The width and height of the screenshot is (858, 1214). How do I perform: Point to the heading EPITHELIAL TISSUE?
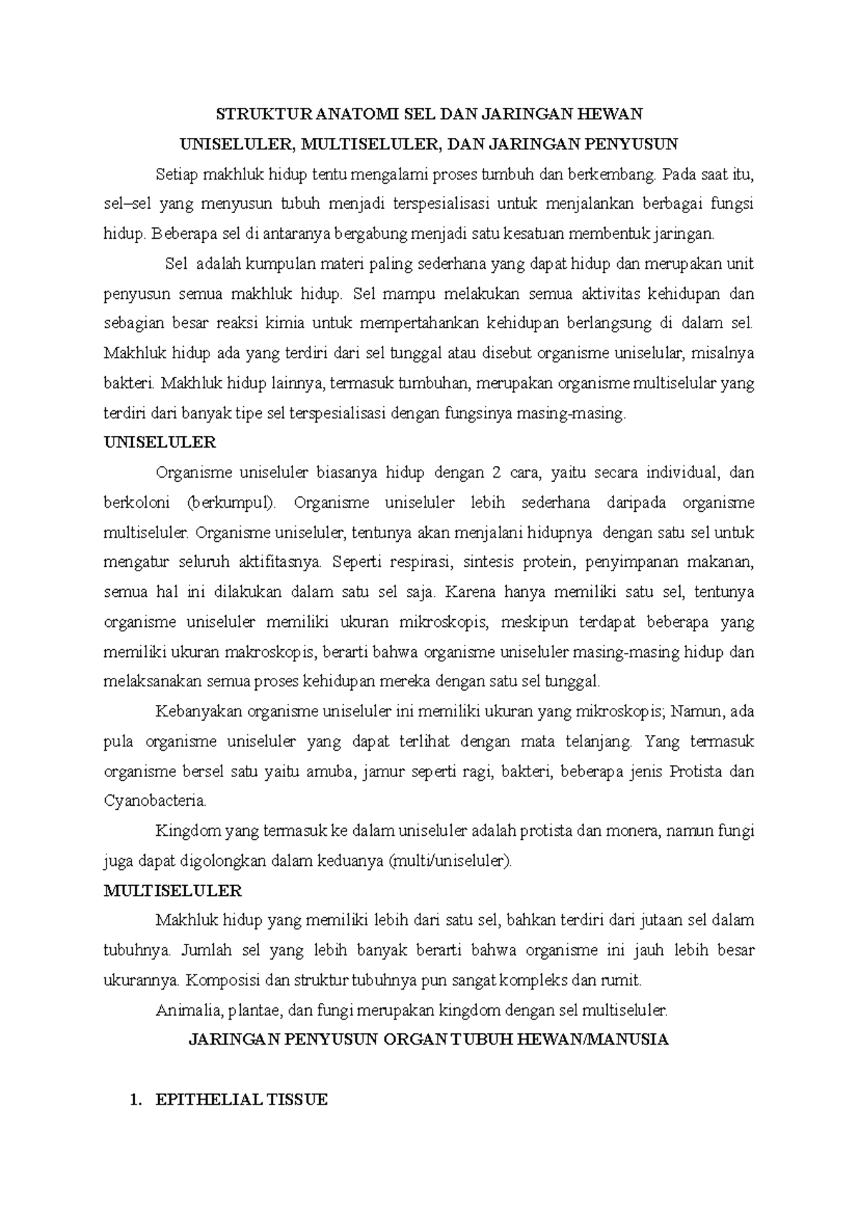point(242,1100)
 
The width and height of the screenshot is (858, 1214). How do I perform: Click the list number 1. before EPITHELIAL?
point(131,1100)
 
